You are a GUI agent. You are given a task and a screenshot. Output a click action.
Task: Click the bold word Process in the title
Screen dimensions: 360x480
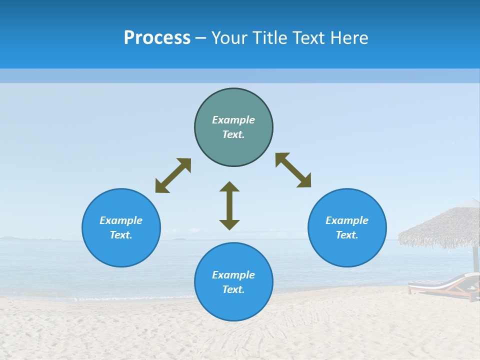[x=157, y=38]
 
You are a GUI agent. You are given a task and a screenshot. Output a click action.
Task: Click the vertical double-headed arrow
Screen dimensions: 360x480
[x=229, y=205]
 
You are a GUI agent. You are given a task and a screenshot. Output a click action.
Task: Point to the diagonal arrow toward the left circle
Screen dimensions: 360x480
[x=173, y=175]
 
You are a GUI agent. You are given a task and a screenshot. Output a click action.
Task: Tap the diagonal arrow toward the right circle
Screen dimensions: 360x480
[x=293, y=170]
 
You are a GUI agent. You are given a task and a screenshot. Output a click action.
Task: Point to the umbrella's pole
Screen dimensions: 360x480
[x=475, y=257]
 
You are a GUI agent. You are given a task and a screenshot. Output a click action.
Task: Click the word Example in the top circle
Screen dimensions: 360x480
[x=233, y=120]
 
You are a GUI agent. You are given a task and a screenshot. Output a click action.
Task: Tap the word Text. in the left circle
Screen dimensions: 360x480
[x=121, y=235]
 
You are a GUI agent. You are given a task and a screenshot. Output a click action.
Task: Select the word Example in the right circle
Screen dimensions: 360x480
[x=347, y=220]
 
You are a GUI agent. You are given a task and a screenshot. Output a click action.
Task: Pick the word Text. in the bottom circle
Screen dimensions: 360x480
[x=233, y=289]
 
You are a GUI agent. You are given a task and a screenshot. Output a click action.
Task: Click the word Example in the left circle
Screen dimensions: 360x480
[x=121, y=220]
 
